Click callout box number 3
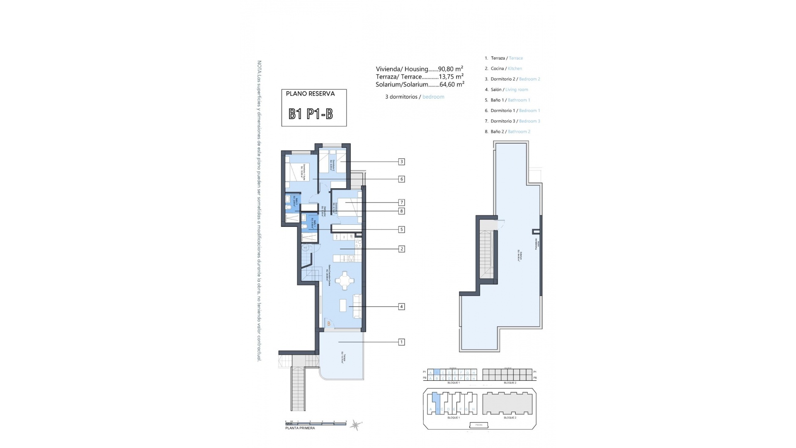click(x=401, y=162)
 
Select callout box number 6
click(x=401, y=179)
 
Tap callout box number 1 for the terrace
click(x=401, y=342)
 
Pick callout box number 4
click(x=401, y=307)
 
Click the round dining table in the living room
click(x=345, y=281)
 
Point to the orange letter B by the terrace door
click(x=329, y=324)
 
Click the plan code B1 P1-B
click(x=311, y=114)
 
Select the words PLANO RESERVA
click(x=310, y=94)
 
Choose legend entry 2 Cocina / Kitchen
click(x=503, y=68)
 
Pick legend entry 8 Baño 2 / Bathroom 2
click(x=507, y=131)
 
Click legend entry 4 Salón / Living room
click(x=506, y=90)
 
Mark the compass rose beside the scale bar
click(x=356, y=424)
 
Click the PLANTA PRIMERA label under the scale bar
click(x=300, y=428)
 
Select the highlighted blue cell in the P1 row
click(x=437, y=372)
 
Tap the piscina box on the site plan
click(x=479, y=425)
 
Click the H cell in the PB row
click(x=473, y=378)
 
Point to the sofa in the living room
click(x=357, y=306)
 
